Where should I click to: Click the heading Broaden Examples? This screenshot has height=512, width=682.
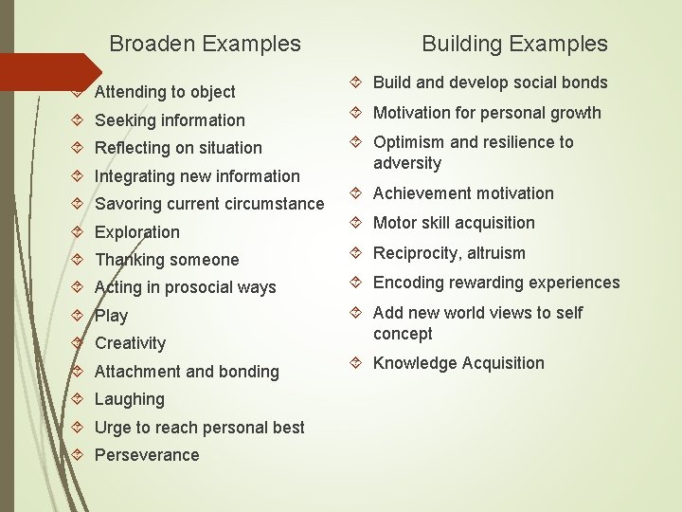click(x=205, y=44)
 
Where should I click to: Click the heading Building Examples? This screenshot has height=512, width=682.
click(x=514, y=44)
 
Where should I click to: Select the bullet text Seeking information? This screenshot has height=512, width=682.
click(x=170, y=120)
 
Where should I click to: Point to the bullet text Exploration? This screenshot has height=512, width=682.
click(x=137, y=232)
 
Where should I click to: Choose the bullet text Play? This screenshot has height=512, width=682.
click(x=111, y=316)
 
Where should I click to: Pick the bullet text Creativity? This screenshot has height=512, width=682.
click(x=130, y=343)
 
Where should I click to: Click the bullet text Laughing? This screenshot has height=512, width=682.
click(x=130, y=399)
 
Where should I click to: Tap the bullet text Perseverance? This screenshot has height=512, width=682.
click(x=147, y=455)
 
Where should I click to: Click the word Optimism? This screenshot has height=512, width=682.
click(x=409, y=142)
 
